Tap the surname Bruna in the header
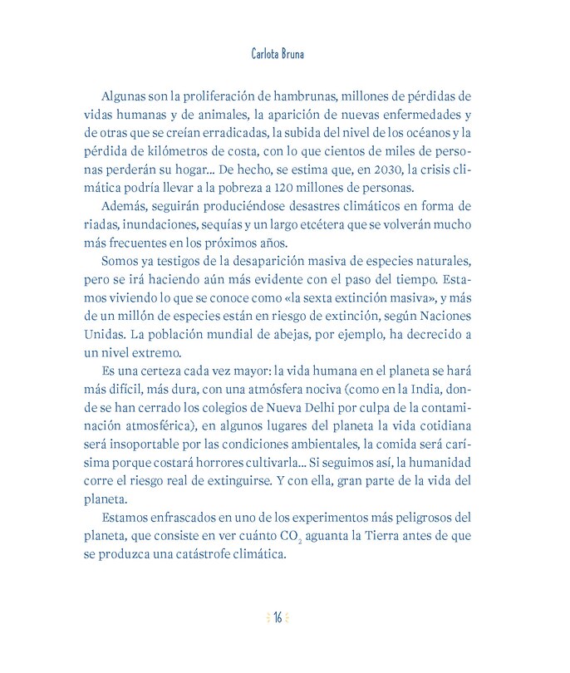click(x=304, y=54)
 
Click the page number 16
click(x=279, y=617)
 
